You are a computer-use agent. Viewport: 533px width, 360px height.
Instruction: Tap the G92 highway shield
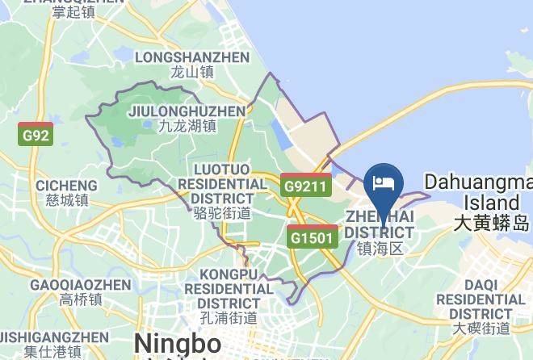click(36, 135)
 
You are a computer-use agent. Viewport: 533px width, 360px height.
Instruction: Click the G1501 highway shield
click(312, 237)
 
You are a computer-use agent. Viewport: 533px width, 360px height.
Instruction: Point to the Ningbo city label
click(178, 343)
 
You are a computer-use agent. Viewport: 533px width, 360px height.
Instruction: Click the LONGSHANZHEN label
click(192, 57)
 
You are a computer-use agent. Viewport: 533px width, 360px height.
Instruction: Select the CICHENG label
click(66, 186)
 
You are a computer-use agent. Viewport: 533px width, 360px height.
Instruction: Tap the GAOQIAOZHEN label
click(80, 285)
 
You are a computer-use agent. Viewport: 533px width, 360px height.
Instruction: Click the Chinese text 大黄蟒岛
click(490, 222)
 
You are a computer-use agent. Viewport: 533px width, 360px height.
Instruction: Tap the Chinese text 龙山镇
click(192, 72)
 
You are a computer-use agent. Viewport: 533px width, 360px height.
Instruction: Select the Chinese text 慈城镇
click(66, 200)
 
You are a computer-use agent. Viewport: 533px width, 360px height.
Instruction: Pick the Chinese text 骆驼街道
click(222, 213)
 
